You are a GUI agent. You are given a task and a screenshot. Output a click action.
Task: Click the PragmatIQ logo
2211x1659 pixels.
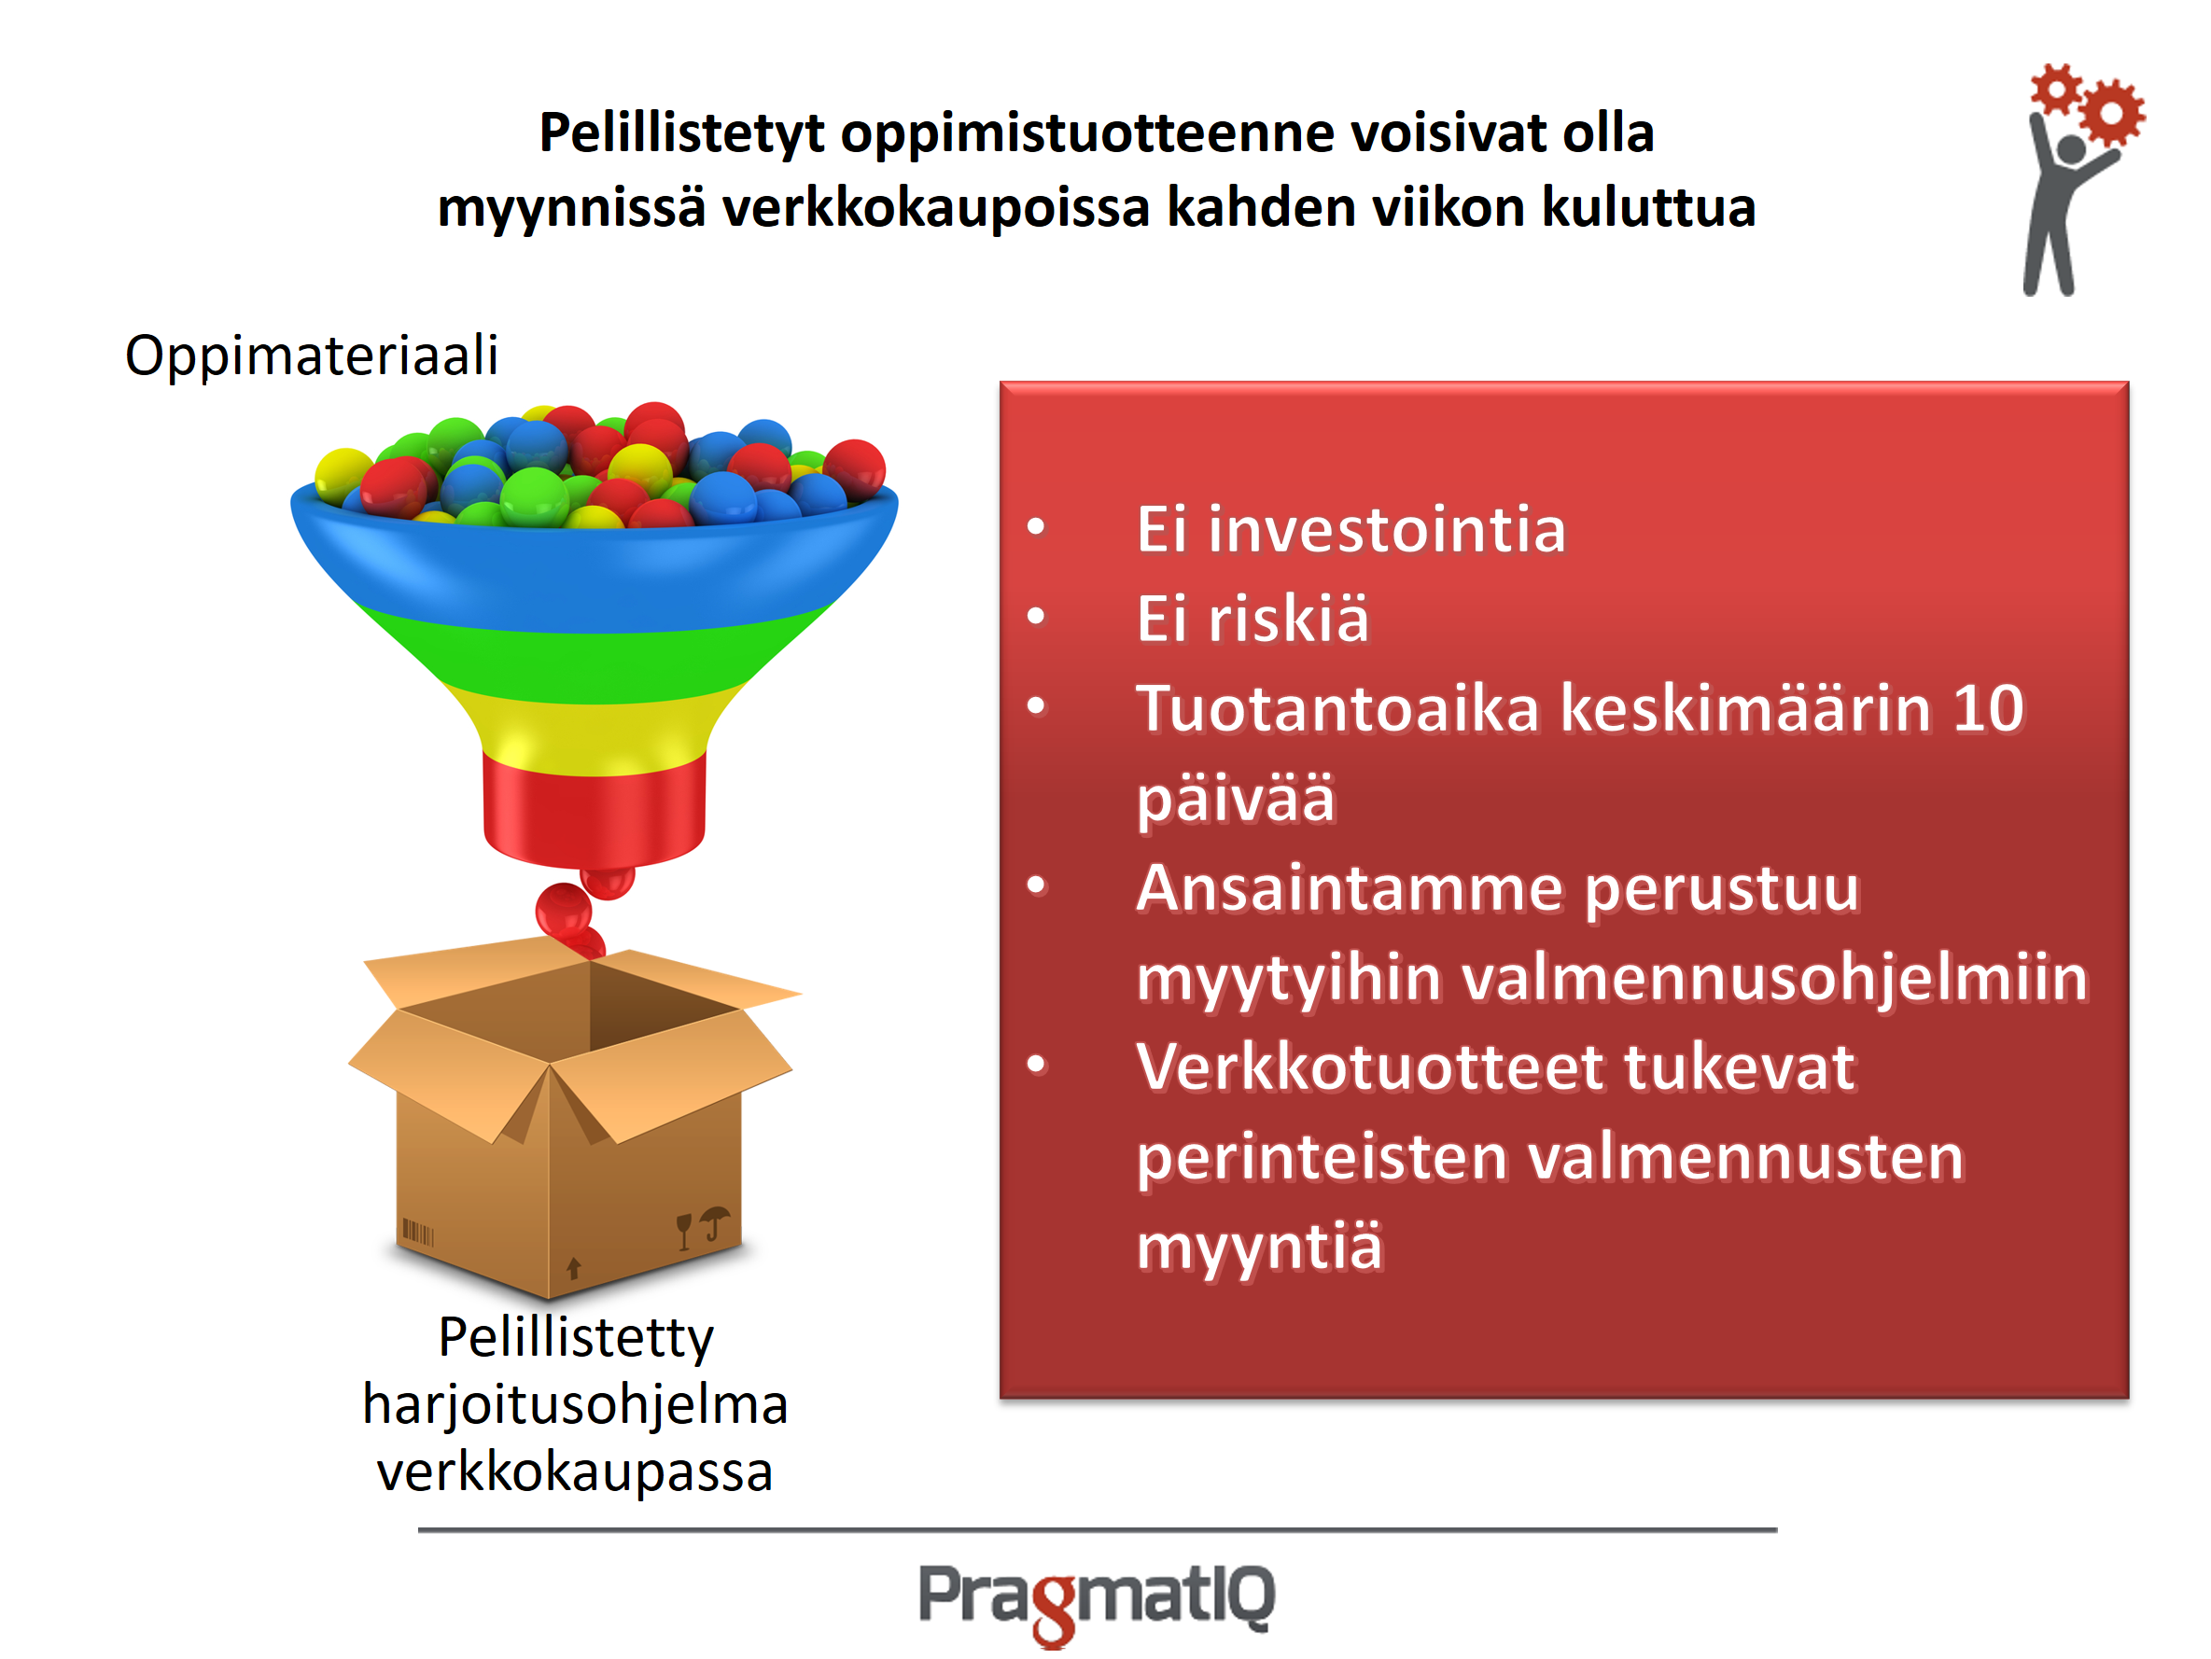(1097, 1600)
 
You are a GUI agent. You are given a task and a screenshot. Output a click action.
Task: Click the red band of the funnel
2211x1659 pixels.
(594, 810)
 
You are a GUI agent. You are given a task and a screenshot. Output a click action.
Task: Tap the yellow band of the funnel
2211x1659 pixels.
(594, 730)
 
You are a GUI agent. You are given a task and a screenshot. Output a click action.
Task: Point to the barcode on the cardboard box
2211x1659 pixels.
(418, 1233)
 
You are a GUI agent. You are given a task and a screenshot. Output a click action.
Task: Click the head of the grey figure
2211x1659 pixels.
(2071, 149)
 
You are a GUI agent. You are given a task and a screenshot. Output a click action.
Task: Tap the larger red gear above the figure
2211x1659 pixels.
(2111, 112)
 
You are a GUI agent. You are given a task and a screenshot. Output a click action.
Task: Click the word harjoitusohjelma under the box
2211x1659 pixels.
(576, 1404)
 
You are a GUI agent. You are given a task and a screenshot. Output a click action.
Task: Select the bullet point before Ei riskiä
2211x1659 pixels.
(1037, 616)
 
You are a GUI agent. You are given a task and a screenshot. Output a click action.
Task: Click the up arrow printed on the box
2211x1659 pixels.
(574, 1268)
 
